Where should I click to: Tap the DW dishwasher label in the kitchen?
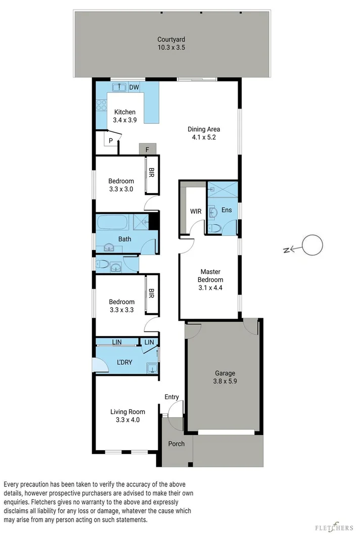(x=134, y=87)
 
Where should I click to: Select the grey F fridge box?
(x=147, y=149)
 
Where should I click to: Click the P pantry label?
(x=110, y=140)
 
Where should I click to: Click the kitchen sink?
(x=119, y=87)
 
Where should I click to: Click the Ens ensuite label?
(x=227, y=209)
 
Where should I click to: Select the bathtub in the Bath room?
(x=114, y=222)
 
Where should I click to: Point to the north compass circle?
(x=311, y=246)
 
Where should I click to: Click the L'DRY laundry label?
(x=124, y=362)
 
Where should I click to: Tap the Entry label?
(x=171, y=397)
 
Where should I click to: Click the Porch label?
(x=176, y=444)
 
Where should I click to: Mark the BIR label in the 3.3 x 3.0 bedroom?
(x=151, y=173)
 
